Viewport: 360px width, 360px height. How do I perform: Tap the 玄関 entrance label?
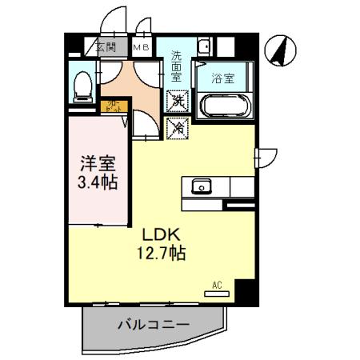(106, 48)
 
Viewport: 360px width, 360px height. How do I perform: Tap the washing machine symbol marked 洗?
(177, 102)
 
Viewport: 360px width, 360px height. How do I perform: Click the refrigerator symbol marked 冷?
(177, 126)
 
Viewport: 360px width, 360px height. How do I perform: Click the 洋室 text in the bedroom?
(98, 164)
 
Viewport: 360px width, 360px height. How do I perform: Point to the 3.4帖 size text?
(98, 182)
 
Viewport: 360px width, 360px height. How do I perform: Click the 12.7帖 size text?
(165, 254)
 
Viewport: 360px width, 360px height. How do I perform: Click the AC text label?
(217, 285)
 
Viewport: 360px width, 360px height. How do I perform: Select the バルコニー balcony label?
(153, 326)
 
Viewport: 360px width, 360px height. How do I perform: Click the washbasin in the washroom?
(203, 45)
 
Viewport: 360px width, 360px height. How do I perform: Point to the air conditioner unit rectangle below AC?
(217, 294)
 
